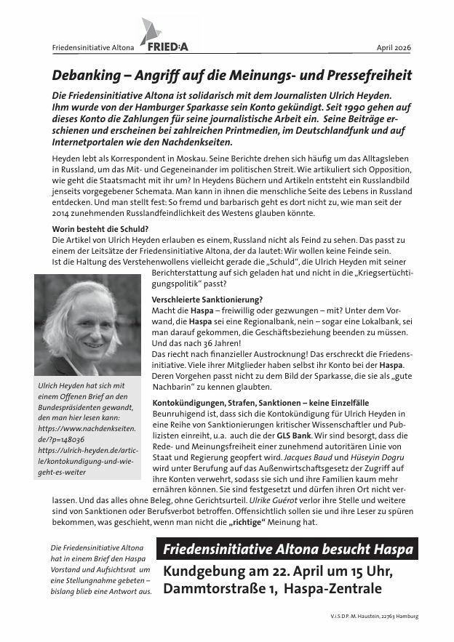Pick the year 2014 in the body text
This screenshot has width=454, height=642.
click(62, 214)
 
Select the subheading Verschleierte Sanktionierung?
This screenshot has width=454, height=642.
click(207, 300)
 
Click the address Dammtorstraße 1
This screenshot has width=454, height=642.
click(216, 591)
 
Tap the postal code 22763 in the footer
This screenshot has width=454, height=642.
click(388, 617)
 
